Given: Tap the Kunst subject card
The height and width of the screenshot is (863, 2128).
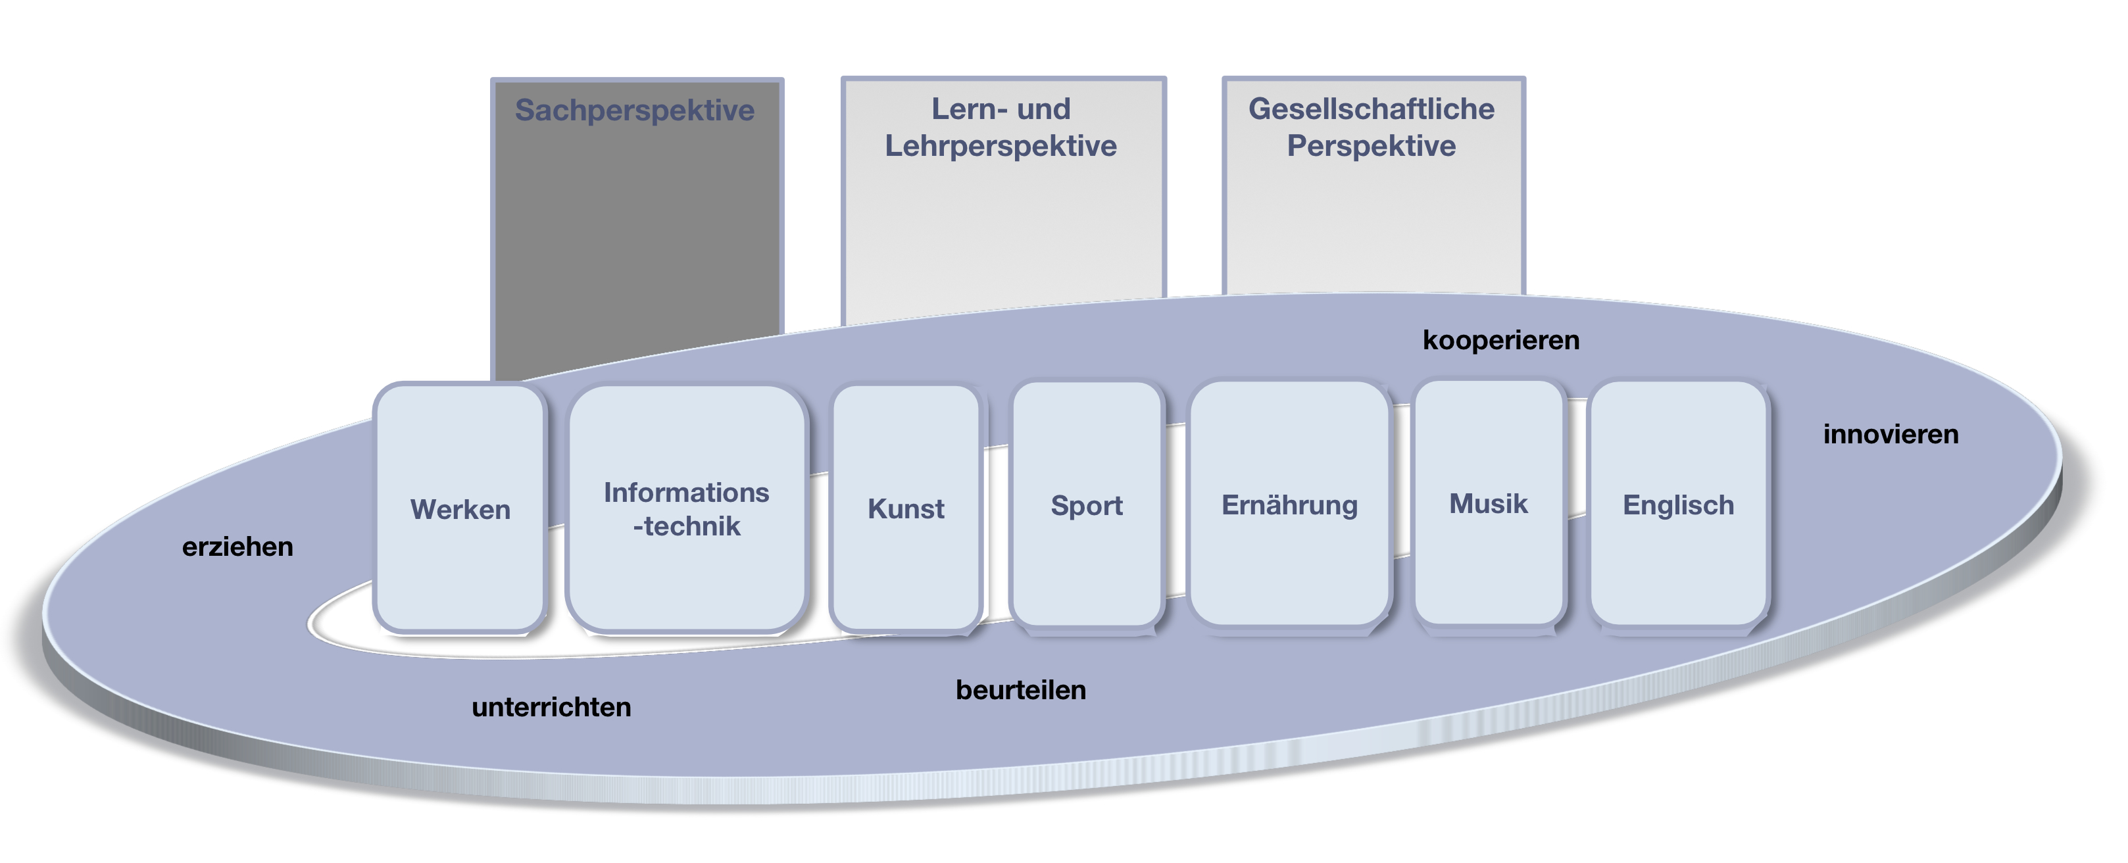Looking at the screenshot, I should point(905,508).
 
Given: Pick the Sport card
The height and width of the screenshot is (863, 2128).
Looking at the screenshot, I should point(1086,505).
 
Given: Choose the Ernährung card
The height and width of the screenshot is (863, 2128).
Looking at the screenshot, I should point(1289,505).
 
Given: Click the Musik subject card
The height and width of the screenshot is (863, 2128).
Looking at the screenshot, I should point(1488,503).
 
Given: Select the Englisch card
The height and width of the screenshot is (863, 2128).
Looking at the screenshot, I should point(1678,505).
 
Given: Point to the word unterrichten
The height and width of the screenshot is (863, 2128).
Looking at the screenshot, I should point(551,707).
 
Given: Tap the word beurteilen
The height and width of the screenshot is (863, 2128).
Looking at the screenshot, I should point(1020,689).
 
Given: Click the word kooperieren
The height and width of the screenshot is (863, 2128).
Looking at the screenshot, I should point(1500,339).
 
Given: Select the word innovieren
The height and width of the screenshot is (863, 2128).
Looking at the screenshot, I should point(1890,433).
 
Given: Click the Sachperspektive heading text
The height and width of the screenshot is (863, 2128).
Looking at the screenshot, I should point(634,110).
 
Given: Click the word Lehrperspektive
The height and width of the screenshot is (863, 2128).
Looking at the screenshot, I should point(1001,146).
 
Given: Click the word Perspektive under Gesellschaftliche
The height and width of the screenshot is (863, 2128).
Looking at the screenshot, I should point(1372,146).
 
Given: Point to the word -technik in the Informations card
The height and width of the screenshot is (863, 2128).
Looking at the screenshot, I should point(687,526).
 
